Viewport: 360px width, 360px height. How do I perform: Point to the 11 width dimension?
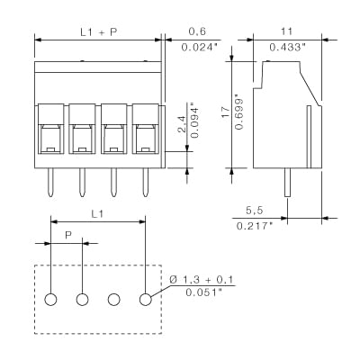click(287, 31)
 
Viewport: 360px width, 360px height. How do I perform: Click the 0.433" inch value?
click(287, 48)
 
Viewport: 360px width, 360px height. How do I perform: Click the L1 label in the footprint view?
click(98, 212)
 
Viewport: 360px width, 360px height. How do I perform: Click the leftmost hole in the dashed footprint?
click(51, 299)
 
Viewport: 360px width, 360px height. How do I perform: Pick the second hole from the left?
click(83, 299)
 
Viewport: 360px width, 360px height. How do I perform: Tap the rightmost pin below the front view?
click(145, 184)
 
